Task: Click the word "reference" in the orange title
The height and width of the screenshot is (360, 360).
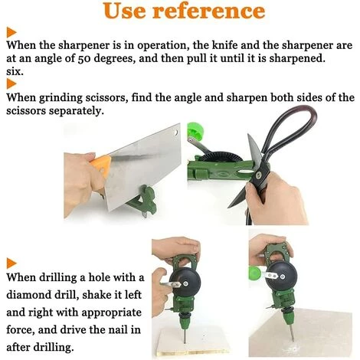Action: point(208,11)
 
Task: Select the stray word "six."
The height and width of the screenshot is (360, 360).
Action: point(15,71)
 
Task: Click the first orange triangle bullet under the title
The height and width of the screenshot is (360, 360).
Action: point(11,32)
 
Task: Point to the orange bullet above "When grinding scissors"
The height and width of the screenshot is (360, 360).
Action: point(11,83)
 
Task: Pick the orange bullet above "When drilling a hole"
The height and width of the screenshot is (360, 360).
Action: point(11,263)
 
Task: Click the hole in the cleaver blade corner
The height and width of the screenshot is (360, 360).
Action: point(176,133)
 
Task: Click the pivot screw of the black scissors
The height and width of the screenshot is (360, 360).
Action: point(258,175)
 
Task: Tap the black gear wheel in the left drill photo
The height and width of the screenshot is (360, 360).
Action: point(185,283)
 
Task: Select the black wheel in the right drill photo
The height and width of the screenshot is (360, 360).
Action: point(282,277)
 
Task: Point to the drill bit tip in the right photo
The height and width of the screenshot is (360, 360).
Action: point(293,341)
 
